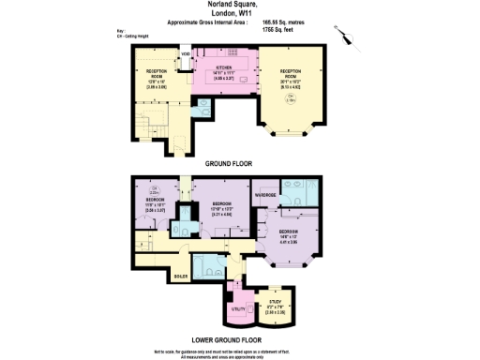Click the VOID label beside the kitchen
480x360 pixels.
(187, 54)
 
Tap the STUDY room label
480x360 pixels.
(275, 301)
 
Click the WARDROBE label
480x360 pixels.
(264, 195)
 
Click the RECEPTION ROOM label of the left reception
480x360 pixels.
(157, 74)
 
